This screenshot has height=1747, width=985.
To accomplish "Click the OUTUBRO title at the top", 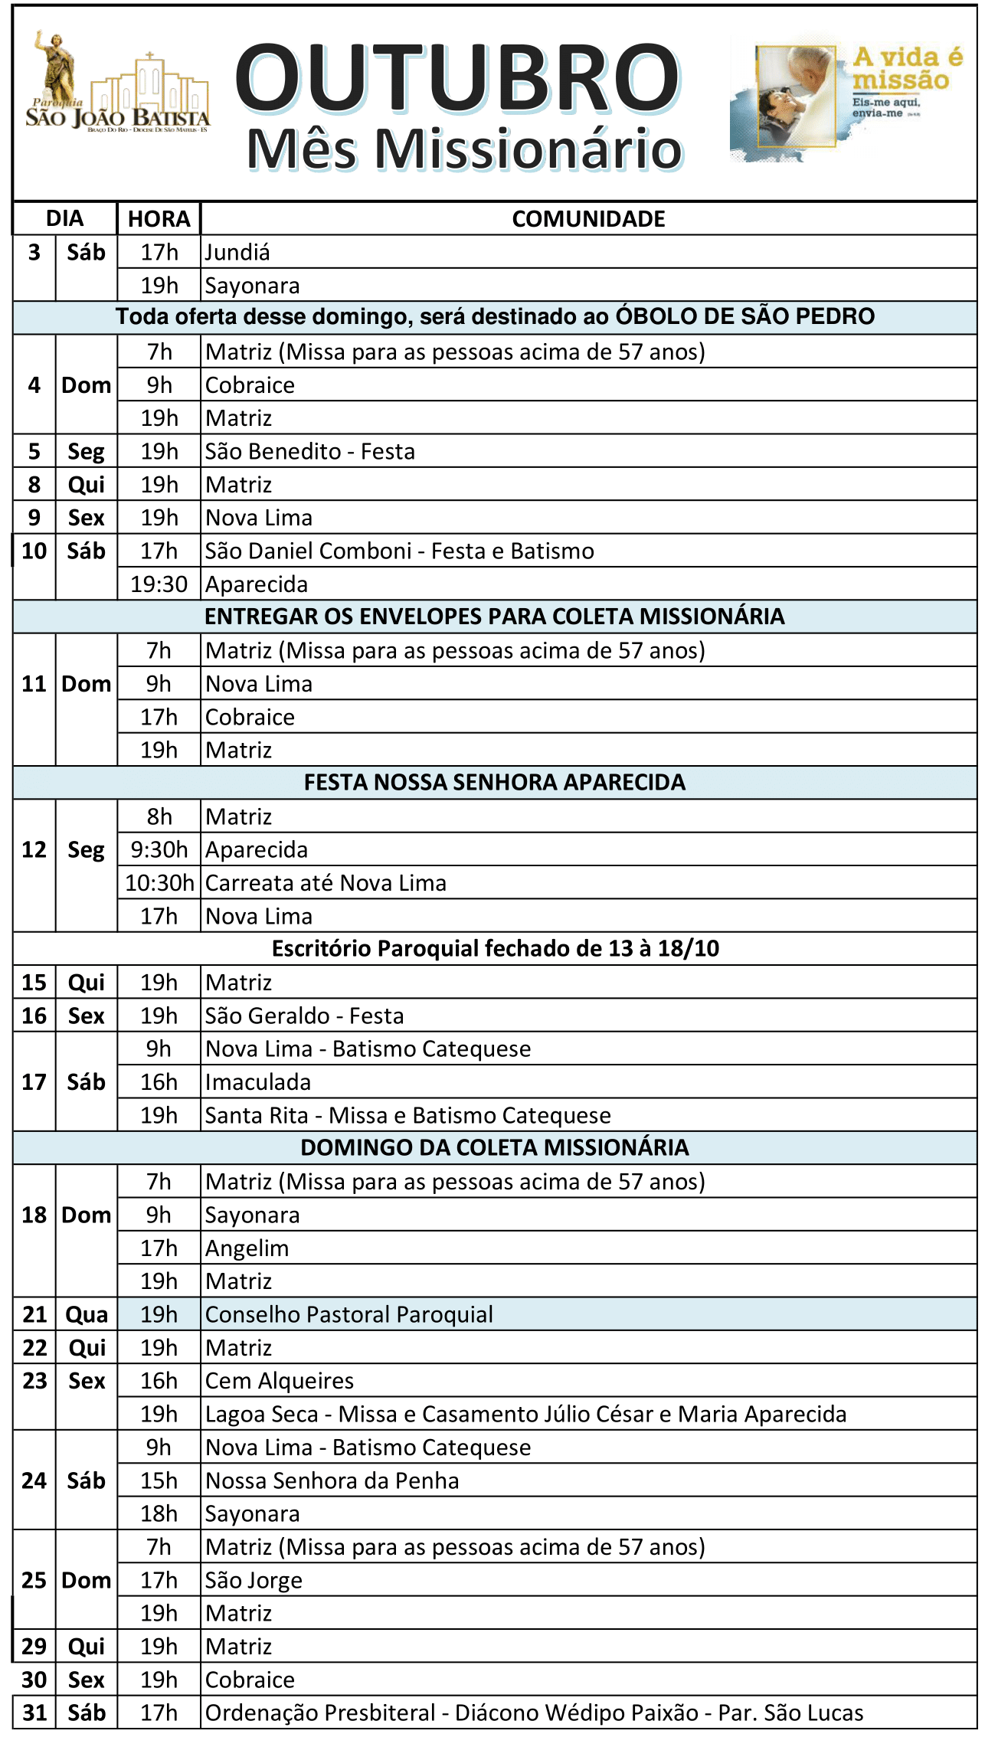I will click(457, 77).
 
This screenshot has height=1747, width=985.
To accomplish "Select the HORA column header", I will click(159, 219).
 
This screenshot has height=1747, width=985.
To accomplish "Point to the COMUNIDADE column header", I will click(587, 219).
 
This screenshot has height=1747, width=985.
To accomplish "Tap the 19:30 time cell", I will click(159, 584).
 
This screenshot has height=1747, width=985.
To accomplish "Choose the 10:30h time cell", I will click(159, 883).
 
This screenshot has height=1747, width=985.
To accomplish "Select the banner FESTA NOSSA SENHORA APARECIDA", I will click(494, 782).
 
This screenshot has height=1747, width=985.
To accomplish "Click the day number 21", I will click(34, 1315).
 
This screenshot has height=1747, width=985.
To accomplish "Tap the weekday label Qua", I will click(87, 1315).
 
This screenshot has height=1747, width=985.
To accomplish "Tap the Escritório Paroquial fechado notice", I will click(495, 948).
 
